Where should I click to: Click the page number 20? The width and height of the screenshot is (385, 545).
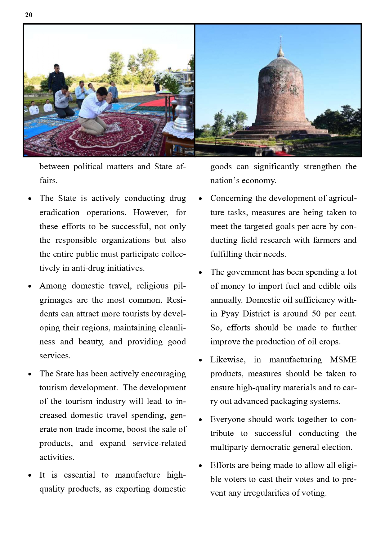tap(29, 15)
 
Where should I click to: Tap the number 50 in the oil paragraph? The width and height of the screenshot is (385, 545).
tap(316, 314)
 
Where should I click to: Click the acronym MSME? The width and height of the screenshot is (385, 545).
tap(343, 360)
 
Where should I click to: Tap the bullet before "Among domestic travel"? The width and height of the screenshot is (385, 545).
tap(30, 286)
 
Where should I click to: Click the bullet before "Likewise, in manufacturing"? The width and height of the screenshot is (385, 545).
tap(201, 360)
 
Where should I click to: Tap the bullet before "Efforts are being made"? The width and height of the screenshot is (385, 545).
tap(201, 466)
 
